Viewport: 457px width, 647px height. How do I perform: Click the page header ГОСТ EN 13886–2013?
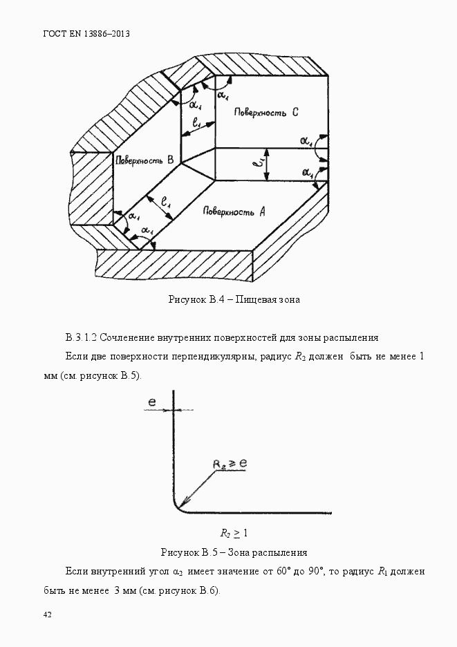pyautogui.click(x=86, y=33)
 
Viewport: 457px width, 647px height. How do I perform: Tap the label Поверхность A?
pyautogui.click(x=234, y=211)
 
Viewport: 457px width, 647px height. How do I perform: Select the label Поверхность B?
pyautogui.click(x=144, y=160)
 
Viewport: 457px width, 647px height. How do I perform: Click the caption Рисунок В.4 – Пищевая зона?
pyautogui.click(x=234, y=299)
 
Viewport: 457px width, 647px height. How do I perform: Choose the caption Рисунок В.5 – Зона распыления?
pyautogui.click(x=234, y=552)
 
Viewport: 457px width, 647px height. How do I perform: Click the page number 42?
pyautogui.click(x=48, y=615)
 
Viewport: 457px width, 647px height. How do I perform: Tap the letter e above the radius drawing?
pyautogui.click(x=151, y=401)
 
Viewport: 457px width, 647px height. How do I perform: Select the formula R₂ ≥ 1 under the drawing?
pyautogui.click(x=234, y=533)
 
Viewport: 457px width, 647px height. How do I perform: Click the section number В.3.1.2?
pyautogui.click(x=82, y=338)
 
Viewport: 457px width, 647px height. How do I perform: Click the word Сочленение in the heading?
pyautogui.click(x=129, y=338)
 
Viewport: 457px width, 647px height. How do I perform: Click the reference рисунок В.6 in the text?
pyautogui.click(x=187, y=591)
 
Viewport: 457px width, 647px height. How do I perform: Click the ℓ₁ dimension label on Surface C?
pyautogui.click(x=198, y=124)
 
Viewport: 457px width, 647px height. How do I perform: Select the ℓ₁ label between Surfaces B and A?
pyautogui.click(x=165, y=203)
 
